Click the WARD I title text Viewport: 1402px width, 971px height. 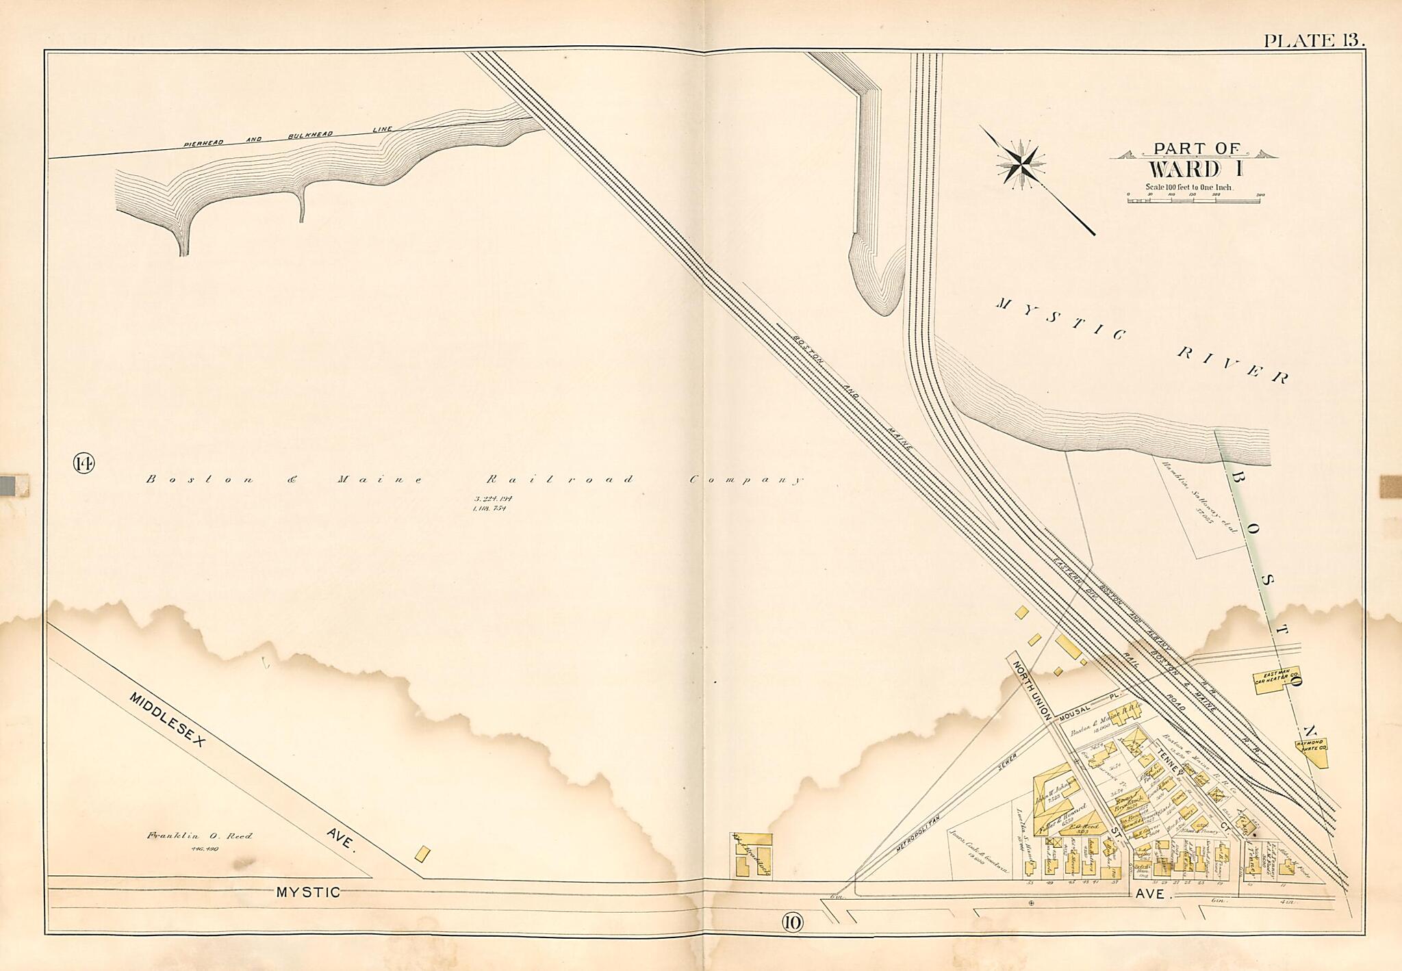pos(1195,168)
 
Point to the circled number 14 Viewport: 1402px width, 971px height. pos(84,464)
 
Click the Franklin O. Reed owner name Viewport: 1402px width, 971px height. pos(199,836)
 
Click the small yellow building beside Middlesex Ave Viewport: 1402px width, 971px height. pos(423,853)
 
